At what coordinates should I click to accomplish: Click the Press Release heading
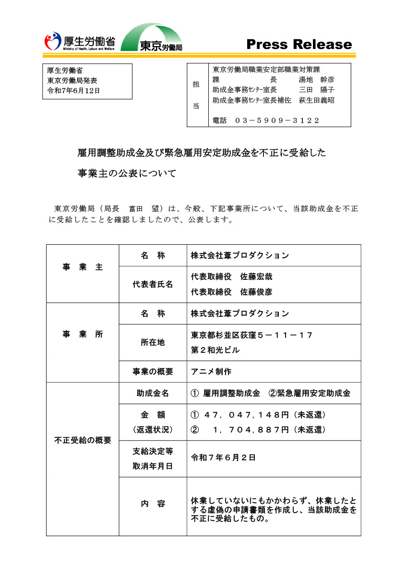pyautogui.click(x=299, y=45)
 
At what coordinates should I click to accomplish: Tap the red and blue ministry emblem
pyautogui.click(x=53, y=41)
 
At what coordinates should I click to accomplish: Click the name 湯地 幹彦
pyautogui.click(x=317, y=80)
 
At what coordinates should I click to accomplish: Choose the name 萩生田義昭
pyautogui.click(x=317, y=100)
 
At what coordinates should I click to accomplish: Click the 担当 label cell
pyautogui.click(x=196, y=95)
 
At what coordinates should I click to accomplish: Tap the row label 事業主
pyautogui.click(x=83, y=267)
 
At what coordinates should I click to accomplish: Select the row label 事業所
pyautogui.click(x=83, y=335)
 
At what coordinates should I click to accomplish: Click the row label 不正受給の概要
pyautogui.click(x=83, y=440)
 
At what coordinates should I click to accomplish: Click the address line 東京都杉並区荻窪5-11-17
pyautogui.click(x=252, y=335)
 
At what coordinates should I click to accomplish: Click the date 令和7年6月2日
pyautogui.click(x=223, y=457)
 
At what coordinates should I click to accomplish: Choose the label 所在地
pyautogui.click(x=153, y=342)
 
